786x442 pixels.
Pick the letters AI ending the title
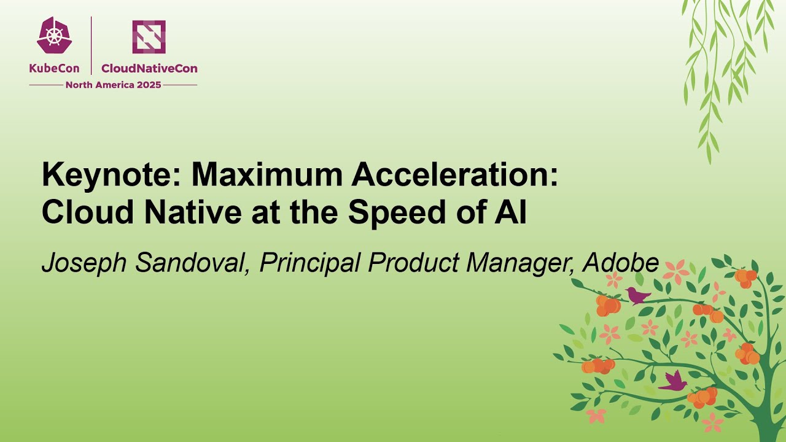point(513,212)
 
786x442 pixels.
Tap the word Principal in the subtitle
point(310,263)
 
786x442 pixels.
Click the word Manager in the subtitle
point(520,263)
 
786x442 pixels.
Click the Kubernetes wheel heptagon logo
point(54,36)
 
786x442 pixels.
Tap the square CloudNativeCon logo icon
point(149,37)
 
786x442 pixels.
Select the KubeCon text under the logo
point(54,69)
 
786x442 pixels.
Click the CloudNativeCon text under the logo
point(149,69)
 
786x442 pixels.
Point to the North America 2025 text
point(113,85)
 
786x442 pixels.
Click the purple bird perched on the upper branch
point(637,296)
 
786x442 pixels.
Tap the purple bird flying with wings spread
point(674,382)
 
